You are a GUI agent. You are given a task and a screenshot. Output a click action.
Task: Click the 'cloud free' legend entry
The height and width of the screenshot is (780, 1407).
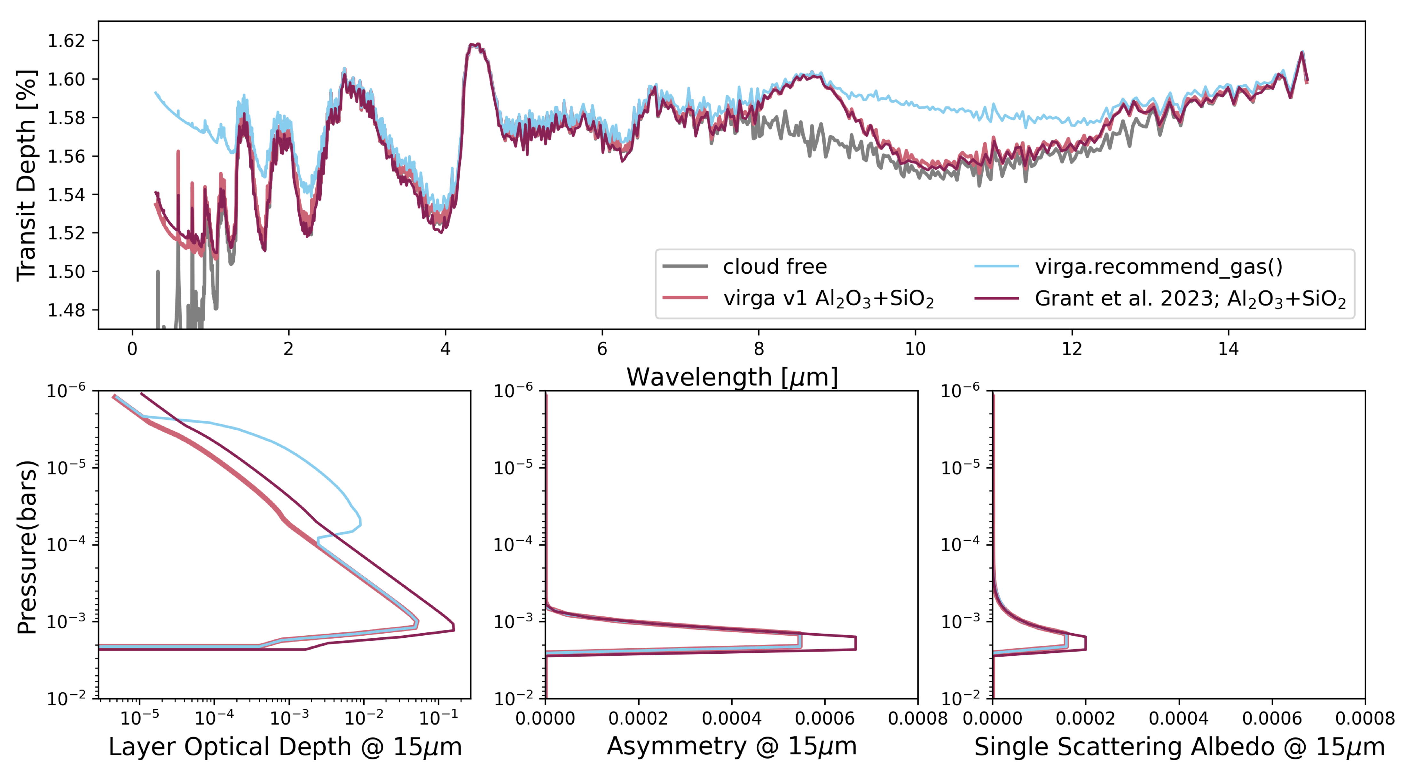tap(774, 267)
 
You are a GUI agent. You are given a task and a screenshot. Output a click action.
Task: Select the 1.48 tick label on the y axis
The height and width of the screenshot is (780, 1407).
tap(66, 310)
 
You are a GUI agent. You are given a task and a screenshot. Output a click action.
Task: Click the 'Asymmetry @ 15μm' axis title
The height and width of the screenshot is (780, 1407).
tap(732, 746)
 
